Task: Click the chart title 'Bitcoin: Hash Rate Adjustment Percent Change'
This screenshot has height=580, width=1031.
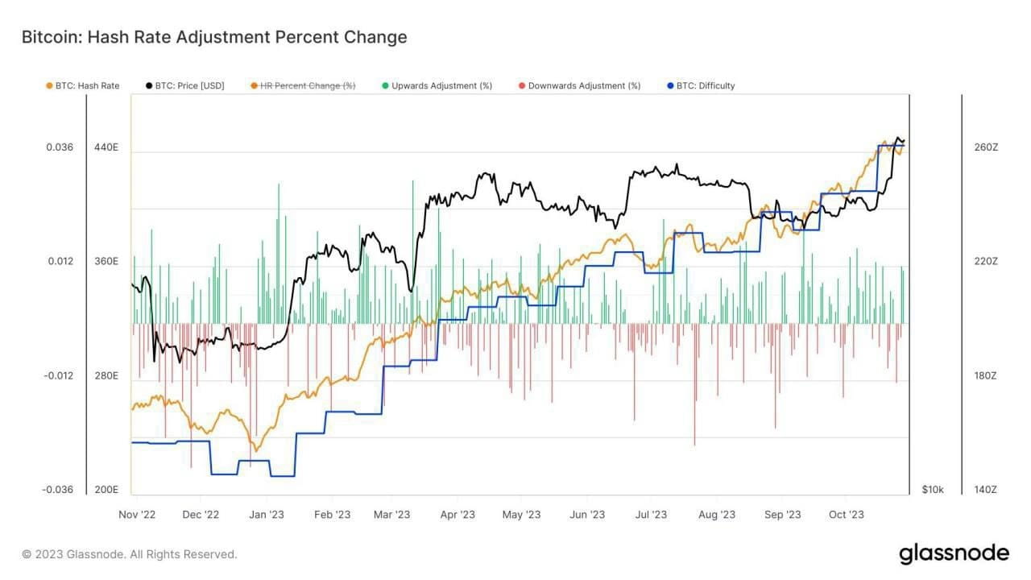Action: click(214, 37)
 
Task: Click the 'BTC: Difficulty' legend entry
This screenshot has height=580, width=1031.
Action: click(705, 85)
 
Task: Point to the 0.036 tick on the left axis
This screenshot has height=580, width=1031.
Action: click(60, 147)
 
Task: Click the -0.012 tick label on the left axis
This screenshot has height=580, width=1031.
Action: click(58, 376)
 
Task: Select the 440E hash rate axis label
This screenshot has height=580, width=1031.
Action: click(106, 147)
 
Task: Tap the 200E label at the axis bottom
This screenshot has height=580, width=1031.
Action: click(106, 490)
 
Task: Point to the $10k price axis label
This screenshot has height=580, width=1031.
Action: click(933, 490)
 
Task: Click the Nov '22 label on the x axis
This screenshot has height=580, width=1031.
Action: click(137, 515)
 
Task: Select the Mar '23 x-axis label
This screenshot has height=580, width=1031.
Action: click(392, 515)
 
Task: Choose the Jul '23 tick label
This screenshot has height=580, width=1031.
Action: click(650, 515)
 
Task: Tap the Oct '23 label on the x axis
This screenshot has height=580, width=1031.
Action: click(847, 515)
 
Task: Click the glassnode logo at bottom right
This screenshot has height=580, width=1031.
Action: click(954, 553)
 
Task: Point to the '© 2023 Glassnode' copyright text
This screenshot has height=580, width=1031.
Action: click(130, 554)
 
